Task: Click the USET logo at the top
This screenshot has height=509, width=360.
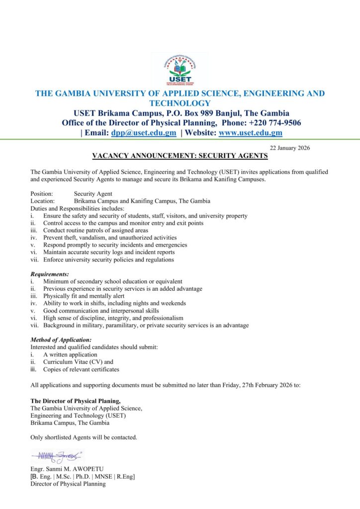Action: pyautogui.click(x=180, y=71)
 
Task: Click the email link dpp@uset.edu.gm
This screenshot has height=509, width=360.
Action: pyautogui.click(x=144, y=133)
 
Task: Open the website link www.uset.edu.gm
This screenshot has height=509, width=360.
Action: pyautogui.click(x=251, y=133)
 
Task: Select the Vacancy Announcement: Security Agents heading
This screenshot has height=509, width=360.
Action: pyautogui.click(x=180, y=156)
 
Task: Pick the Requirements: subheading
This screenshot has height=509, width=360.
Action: pyautogui.click(x=50, y=274)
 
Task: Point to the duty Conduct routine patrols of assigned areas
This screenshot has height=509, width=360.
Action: pyautogui.click(x=95, y=231)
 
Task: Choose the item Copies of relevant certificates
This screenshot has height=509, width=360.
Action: pyautogui.click(x=81, y=369)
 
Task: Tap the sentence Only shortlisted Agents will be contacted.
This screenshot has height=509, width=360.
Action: pyautogui.click(x=84, y=437)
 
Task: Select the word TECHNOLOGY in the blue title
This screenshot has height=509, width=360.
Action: pyautogui.click(x=180, y=103)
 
